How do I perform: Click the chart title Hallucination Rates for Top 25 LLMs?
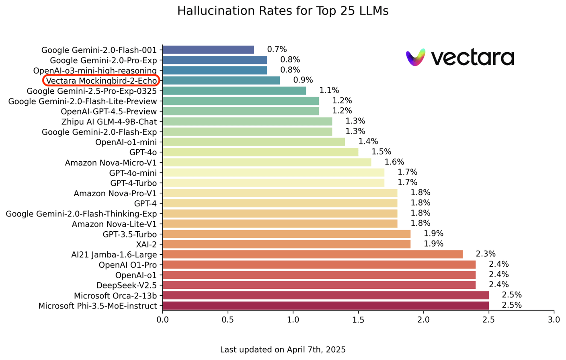click(283, 11)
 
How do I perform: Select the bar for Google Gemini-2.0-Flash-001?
click(208, 50)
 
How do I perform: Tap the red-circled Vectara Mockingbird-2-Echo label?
click(101, 80)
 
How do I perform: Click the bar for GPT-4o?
click(260, 152)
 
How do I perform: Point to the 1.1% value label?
click(329, 91)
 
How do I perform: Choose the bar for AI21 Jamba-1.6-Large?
click(312, 254)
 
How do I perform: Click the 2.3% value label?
click(485, 254)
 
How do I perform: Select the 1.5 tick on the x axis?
click(358, 320)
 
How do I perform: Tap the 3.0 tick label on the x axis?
click(554, 320)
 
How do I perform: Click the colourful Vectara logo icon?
click(416, 58)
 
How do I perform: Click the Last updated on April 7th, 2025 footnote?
click(283, 350)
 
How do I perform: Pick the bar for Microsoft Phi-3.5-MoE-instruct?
click(326, 306)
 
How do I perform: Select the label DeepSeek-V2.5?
click(127, 285)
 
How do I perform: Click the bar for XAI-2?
click(286, 244)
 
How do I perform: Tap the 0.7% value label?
click(277, 49)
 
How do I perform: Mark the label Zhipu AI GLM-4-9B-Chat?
click(109, 121)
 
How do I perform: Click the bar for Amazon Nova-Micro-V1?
click(267, 162)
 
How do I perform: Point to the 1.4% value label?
click(368, 142)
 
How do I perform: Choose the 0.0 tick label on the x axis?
click(162, 320)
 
